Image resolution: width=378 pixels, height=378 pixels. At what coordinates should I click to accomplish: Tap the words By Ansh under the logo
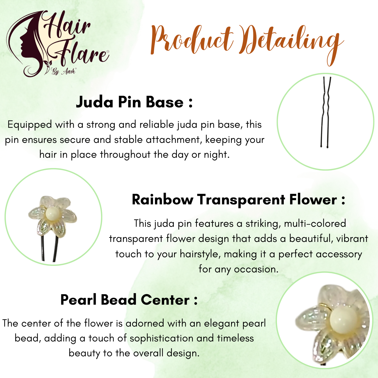coord(64,71)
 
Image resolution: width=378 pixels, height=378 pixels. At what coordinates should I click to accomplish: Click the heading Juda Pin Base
coord(134,102)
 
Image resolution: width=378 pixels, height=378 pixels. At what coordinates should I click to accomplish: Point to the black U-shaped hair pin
coord(326,112)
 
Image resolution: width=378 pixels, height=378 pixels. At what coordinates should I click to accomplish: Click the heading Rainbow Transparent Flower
coord(238,200)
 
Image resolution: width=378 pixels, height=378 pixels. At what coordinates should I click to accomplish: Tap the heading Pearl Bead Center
coord(129,300)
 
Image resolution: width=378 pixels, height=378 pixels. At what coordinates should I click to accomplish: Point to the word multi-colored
coord(315,224)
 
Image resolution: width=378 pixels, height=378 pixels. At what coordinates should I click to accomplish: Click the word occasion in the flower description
coord(256,269)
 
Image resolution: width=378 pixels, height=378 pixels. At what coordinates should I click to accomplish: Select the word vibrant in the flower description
coord(352,239)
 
